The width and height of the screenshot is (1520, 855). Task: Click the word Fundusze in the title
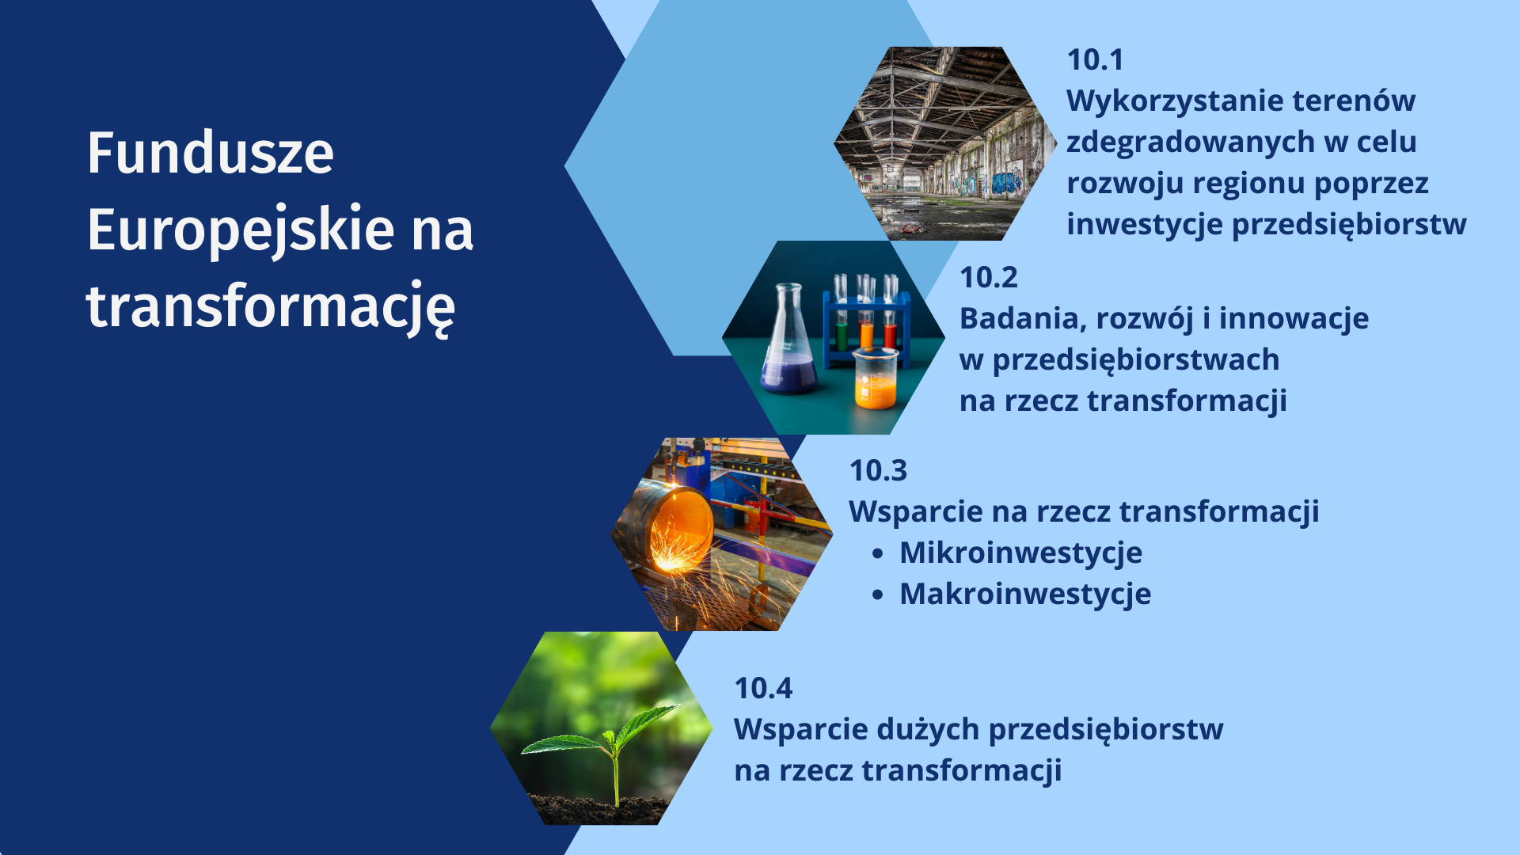point(211,153)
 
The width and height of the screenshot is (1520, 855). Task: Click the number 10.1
point(1095,59)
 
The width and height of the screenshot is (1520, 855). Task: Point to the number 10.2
point(989,277)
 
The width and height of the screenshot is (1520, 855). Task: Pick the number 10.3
point(878,470)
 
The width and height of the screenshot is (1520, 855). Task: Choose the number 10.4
point(763,688)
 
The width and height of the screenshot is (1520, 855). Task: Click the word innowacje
point(1294,319)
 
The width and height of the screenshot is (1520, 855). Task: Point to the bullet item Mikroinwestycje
point(1020,553)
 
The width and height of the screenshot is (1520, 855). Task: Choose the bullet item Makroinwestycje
point(1025,595)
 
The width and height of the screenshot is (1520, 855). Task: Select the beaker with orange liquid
point(876,379)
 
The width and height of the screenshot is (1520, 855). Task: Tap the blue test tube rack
point(866,321)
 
